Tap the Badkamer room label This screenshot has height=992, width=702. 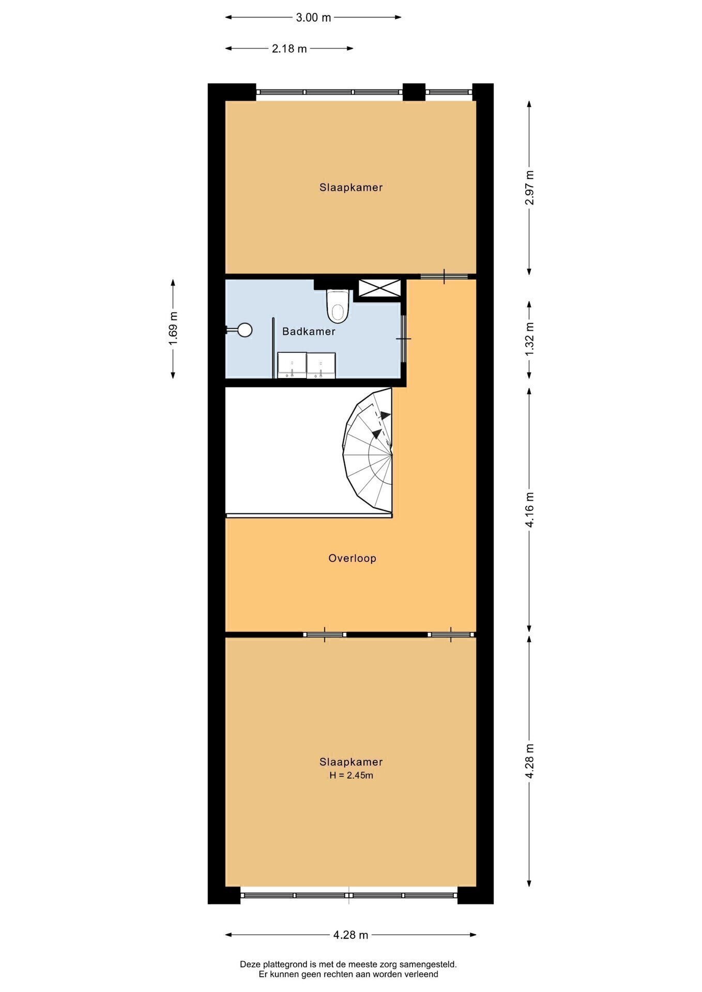tap(309, 332)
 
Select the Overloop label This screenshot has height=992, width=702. tap(352, 558)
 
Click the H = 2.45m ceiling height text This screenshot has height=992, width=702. tap(352, 775)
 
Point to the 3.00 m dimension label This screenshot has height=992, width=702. tap(313, 18)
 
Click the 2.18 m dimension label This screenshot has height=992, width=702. tap(289, 49)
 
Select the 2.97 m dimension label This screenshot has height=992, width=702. tap(529, 187)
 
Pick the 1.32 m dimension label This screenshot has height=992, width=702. tap(529, 338)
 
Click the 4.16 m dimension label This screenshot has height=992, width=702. tap(529, 509)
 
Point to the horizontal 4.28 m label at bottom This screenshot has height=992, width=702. tap(350, 935)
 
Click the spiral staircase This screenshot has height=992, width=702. tap(368, 453)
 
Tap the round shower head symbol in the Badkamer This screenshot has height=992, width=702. tap(244, 330)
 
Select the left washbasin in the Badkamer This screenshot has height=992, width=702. tap(292, 365)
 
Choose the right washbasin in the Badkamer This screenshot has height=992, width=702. tap(321, 365)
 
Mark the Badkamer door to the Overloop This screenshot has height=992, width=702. tap(404, 338)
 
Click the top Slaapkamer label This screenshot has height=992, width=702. tap(351, 188)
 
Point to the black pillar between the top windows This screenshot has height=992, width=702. tap(414, 92)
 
